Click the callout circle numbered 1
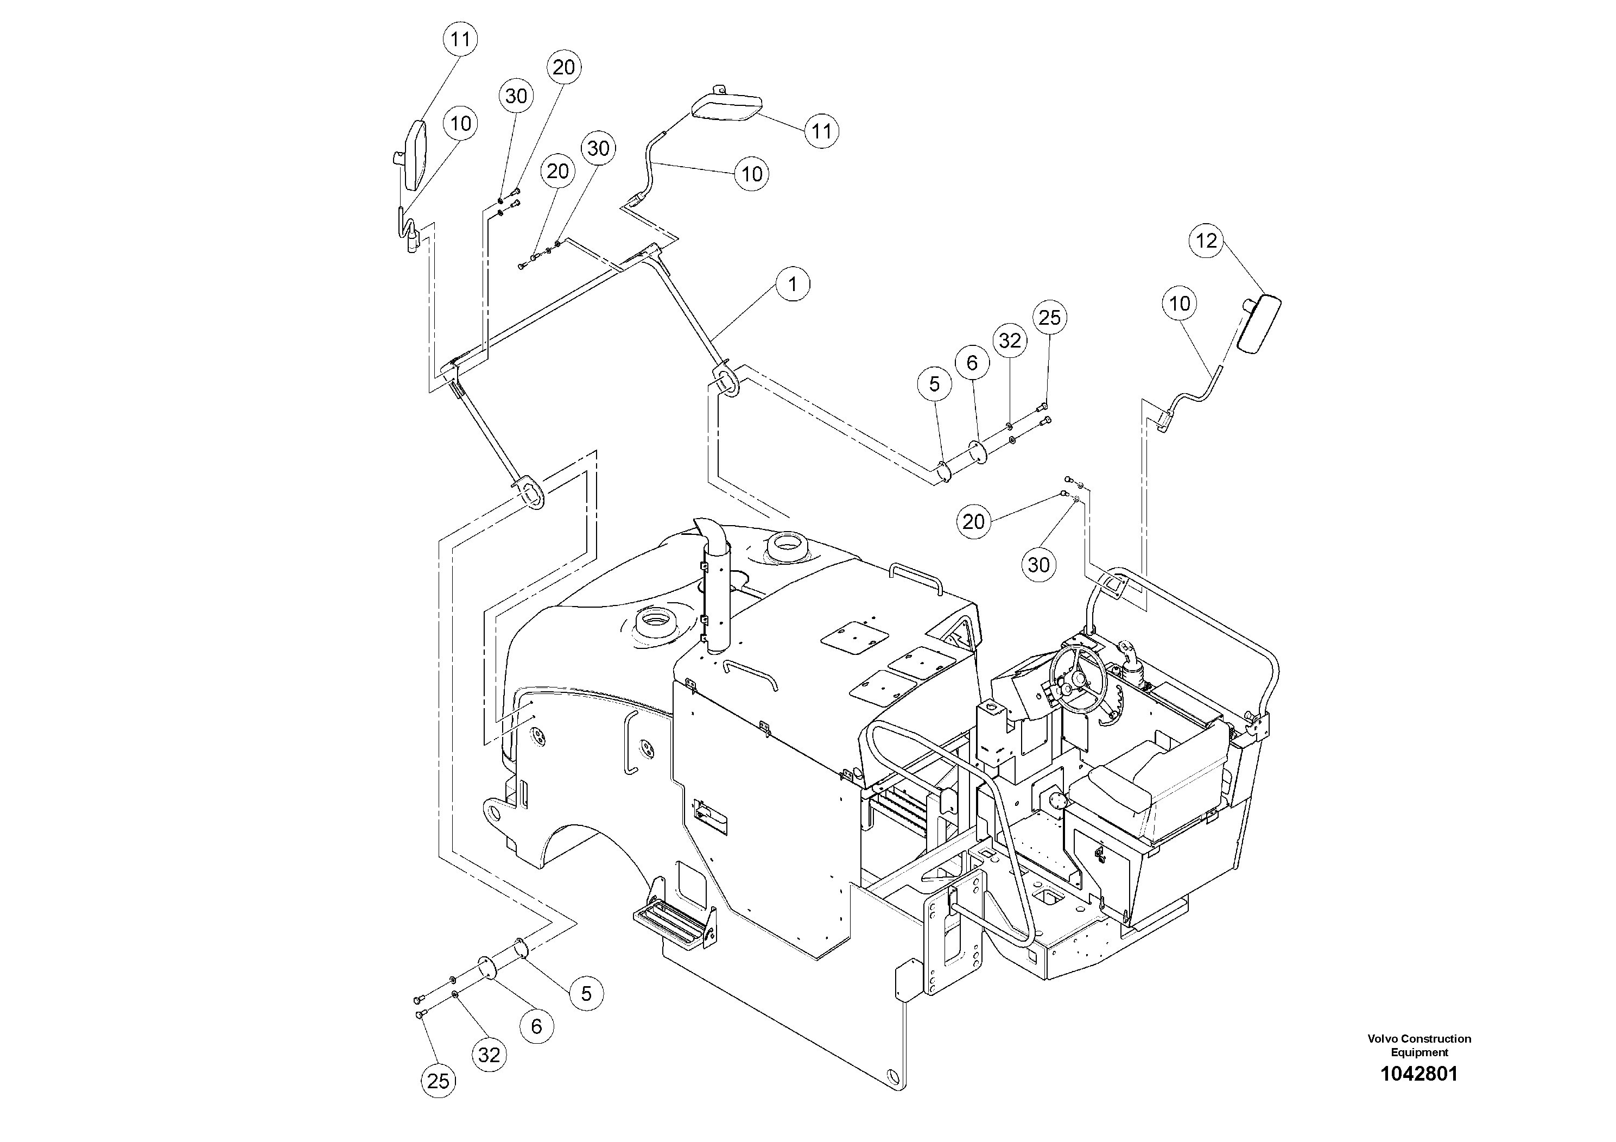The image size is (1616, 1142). tap(793, 284)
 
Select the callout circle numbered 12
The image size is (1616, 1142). tap(1206, 241)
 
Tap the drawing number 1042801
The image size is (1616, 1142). tap(1419, 1074)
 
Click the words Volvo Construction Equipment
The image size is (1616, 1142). tap(1419, 1045)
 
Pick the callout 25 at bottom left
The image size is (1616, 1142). tap(438, 1081)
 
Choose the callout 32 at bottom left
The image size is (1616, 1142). tap(489, 1054)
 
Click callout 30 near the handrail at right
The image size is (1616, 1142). tap(1039, 565)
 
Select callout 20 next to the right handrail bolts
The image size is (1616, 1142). tap(973, 522)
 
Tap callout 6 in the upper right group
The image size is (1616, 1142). tap(972, 363)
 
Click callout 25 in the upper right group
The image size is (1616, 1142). tap(1049, 318)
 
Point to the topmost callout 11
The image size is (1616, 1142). tap(460, 39)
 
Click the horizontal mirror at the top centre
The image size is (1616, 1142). tap(727, 108)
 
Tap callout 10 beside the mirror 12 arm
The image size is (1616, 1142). tap(1180, 304)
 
